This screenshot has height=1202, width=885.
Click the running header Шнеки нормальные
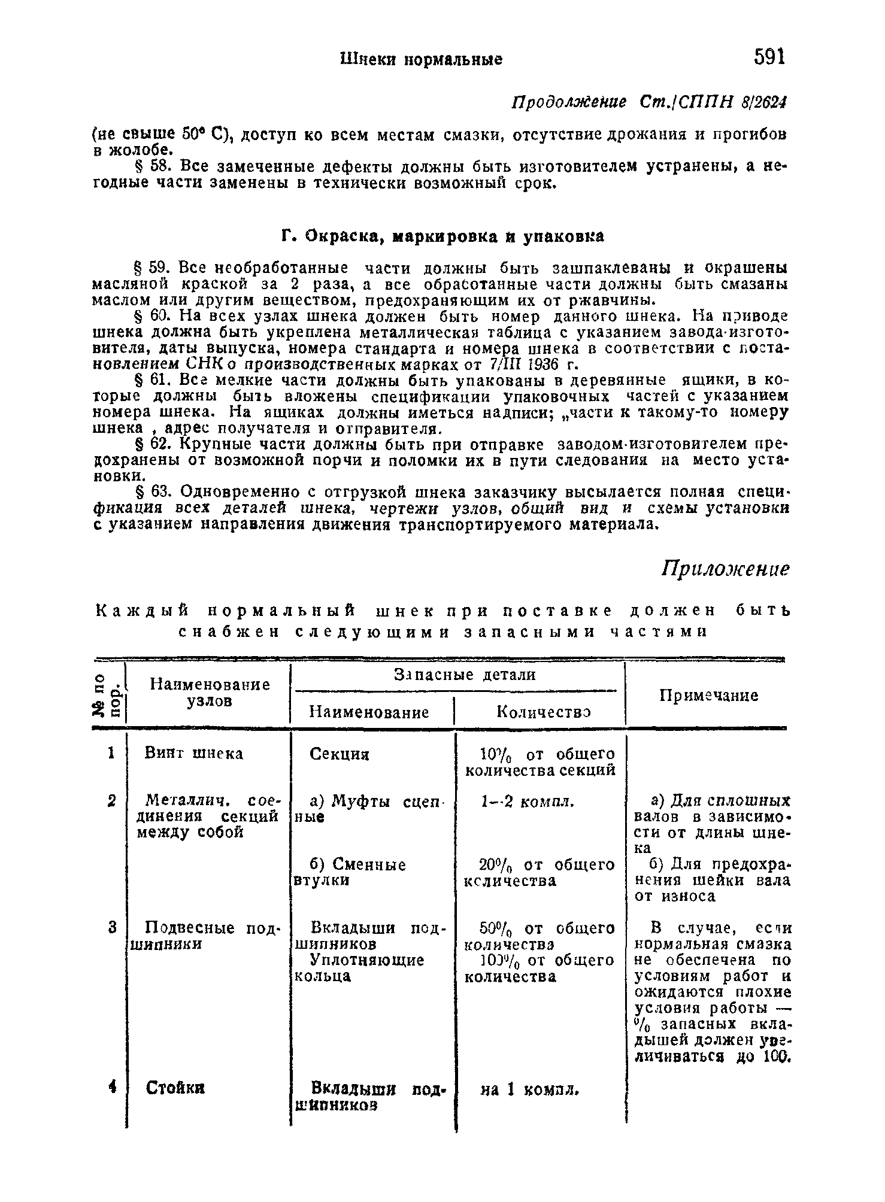click(x=421, y=59)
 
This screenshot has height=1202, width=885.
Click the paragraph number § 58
click(x=157, y=165)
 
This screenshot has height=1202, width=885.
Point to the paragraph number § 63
click(x=157, y=492)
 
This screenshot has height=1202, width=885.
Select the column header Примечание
click(x=708, y=696)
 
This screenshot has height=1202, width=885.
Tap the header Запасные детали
click(x=465, y=675)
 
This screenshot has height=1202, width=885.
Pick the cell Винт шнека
click(x=194, y=753)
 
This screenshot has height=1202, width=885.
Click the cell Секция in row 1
click(x=340, y=754)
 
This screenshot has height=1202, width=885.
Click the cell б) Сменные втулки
click(x=349, y=873)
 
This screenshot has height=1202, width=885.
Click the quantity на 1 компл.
click(x=530, y=1090)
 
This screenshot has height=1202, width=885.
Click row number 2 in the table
click(x=111, y=801)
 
